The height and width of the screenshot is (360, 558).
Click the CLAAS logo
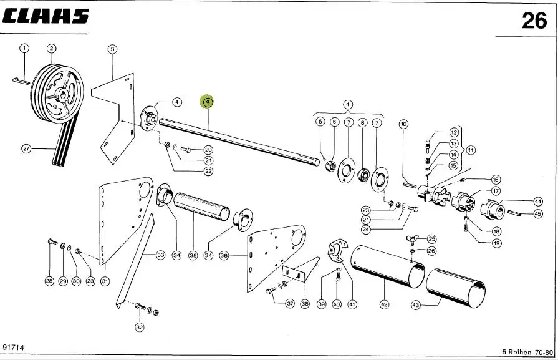pos(46,17)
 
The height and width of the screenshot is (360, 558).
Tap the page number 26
pos(534,21)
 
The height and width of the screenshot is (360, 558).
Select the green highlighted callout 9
pos(208,102)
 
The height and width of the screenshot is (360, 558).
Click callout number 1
pos(24,48)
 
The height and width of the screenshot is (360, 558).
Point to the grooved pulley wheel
pos(57,93)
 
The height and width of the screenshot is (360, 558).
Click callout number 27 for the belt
pos(26,149)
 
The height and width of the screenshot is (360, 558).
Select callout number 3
pos(112,49)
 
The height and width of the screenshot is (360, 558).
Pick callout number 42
pos(384,304)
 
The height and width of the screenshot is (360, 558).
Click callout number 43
pos(416,305)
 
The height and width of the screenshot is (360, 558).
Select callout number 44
pos(537,202)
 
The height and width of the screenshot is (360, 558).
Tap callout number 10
pos(403,124)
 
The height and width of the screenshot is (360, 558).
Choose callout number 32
pos(139,327)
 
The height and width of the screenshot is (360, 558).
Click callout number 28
pos(49,281)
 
